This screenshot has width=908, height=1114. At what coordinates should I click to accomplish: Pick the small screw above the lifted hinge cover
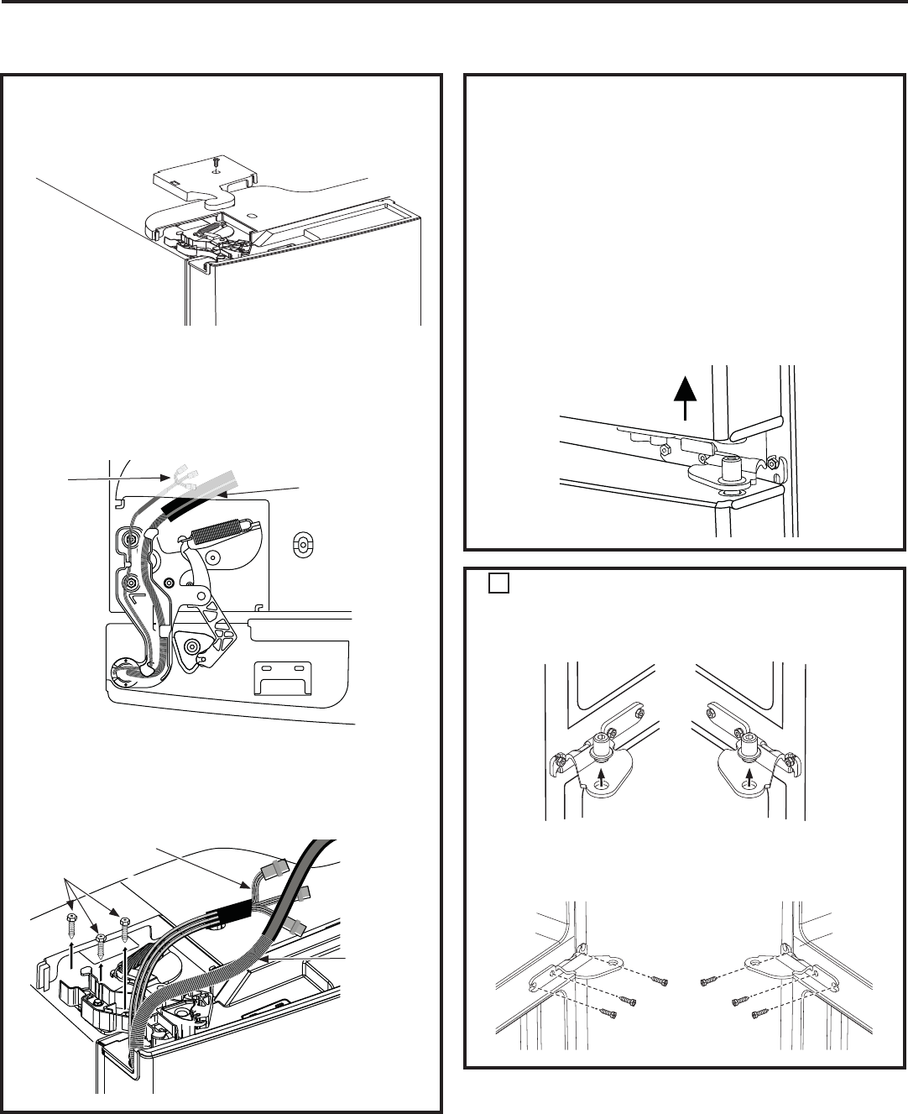[217, 159]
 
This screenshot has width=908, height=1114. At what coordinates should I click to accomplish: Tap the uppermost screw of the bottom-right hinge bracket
[712, 981]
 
